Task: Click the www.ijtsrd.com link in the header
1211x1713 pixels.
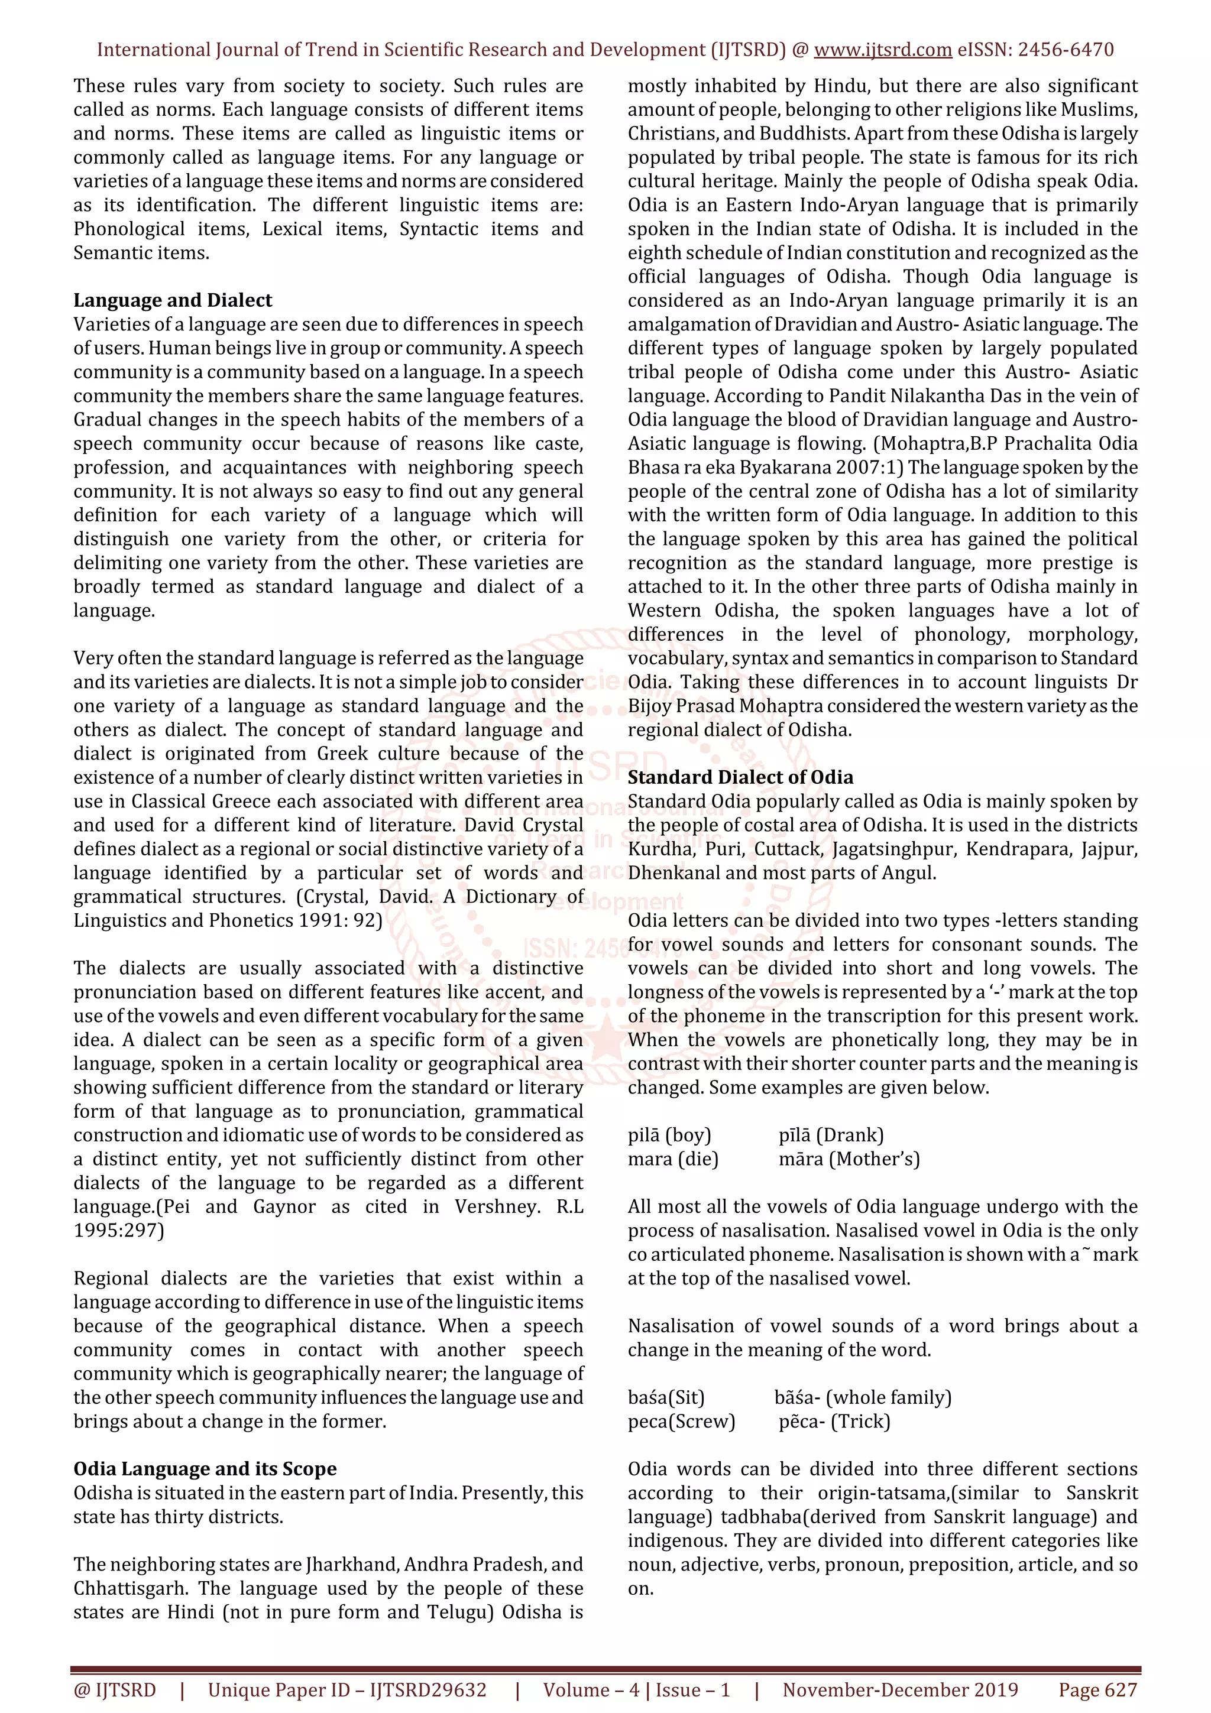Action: click(x=882, y=50)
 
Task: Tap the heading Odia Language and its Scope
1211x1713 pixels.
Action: click(x=205, y=1468)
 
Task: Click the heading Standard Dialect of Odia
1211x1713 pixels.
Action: click(x=740, y=777)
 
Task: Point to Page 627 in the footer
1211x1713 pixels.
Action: click(x=1097, y=1690)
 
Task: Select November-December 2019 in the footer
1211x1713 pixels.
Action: click(x=900, y=1690)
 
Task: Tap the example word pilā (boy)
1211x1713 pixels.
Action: click(x=669, y=1135)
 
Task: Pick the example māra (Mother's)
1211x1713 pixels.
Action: click(x=849, y=1159)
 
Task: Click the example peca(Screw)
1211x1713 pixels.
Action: click(x=681, y=1421)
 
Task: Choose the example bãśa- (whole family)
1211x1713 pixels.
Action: click(x=863, y=1397)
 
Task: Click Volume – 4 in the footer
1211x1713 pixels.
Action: click(x=591, y=1690)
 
